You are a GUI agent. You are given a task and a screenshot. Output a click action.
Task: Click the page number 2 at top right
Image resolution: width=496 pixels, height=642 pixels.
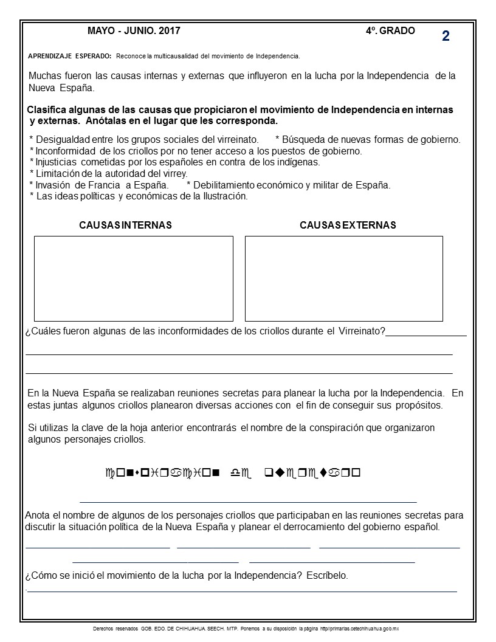click(x=446, y=36)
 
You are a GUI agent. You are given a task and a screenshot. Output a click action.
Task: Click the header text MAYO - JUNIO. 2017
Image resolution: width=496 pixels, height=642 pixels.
click(x=134, y=30)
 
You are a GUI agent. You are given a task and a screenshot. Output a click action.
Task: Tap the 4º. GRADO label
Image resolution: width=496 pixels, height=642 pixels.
click(x=390, y=30)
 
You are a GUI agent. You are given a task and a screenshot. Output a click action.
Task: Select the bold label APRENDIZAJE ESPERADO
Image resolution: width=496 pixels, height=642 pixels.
click(x=70, y=56)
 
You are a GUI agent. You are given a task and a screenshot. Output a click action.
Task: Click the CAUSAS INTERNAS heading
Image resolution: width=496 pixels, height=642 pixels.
click(x=125, y=225)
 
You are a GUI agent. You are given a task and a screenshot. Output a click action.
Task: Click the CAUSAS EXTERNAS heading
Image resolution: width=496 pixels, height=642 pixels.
click(x=348, y=225)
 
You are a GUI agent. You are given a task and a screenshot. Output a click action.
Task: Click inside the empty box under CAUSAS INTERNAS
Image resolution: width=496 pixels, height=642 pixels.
click(x=134, y=278)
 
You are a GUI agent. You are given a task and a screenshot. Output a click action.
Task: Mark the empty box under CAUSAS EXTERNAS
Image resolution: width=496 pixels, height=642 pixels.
click(x=343, y=278)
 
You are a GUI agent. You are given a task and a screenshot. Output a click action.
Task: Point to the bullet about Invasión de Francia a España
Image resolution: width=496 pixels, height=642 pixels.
click(x=99, y=185)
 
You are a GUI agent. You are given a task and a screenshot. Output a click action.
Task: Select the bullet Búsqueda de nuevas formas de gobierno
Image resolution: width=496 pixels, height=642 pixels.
click(x=368, y=139)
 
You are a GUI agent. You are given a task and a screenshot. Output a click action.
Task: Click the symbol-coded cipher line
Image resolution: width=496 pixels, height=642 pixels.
click(x=233, y=472)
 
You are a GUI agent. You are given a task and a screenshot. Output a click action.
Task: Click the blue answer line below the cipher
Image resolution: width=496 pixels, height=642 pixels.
click(x=248, y=502)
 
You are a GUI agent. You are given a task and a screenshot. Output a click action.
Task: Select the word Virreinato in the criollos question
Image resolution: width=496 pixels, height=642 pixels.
click(x=361, y=331)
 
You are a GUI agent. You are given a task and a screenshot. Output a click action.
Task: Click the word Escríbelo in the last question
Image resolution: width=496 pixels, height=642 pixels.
click(x=326, y=576)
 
